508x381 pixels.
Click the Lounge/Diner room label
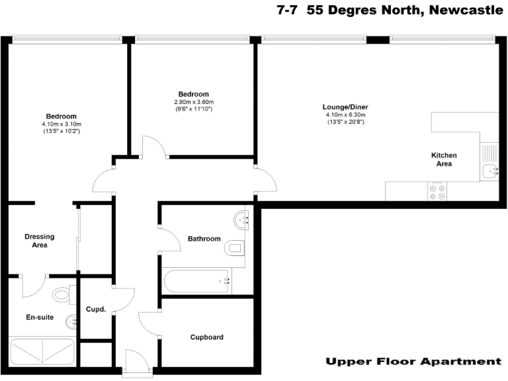(x=345, y=107)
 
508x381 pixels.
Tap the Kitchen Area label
(x=444, y=159)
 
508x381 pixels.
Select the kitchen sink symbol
(x=489, y=171)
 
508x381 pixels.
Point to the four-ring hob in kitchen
(x=437, y=192)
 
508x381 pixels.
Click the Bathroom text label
(x=204, y=239)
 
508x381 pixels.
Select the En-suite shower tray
(x=41, y=351)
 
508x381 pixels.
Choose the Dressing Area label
(x=39, y=241)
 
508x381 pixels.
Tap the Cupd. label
(x=96, y=309)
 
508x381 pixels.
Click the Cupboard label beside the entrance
(x=206, y=337)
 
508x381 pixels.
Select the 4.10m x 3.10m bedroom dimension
(x=61, y=124)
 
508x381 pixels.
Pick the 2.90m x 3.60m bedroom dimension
(x=193, y=102)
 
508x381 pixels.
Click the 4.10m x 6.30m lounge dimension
(x=345, y=114)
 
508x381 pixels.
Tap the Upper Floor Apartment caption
(x=413, y=361)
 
